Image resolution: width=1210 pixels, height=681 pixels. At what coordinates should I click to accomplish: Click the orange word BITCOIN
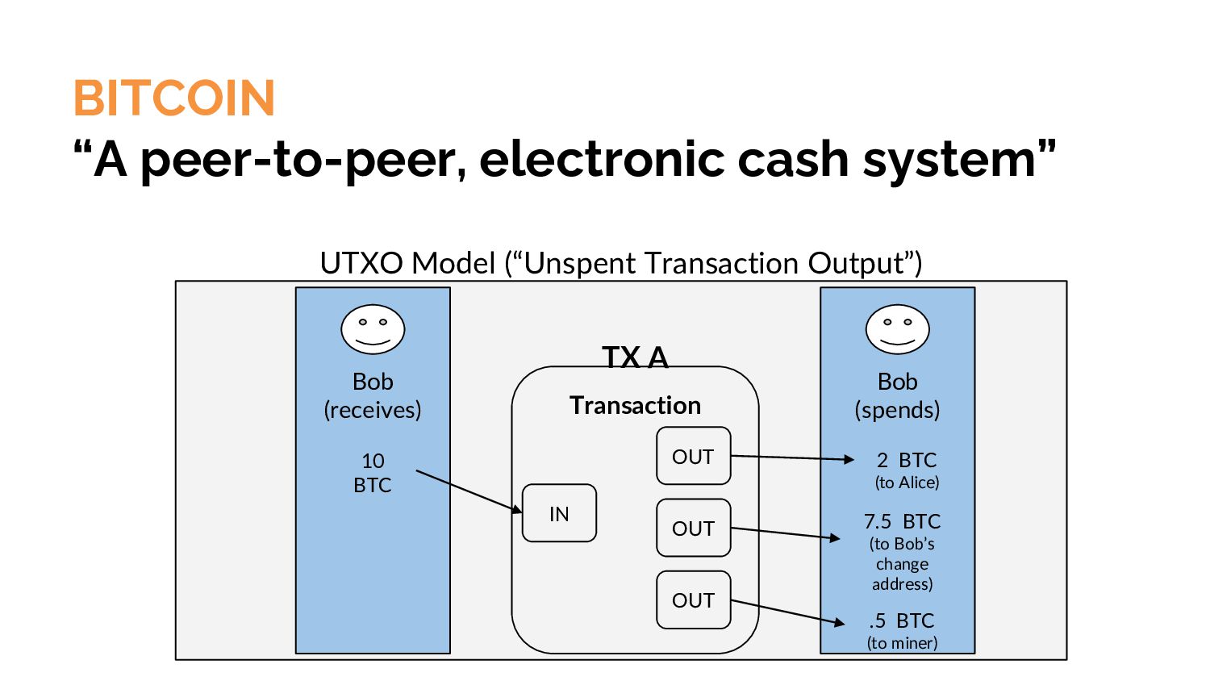click(x=174, y=98)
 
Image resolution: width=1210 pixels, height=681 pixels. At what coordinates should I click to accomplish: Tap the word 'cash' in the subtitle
click(x=793, y=159)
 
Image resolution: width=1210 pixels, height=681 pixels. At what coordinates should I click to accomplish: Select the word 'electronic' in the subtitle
click(x=602, y=159)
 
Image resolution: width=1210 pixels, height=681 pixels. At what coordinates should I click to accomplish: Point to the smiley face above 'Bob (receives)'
click(x=373, y=329)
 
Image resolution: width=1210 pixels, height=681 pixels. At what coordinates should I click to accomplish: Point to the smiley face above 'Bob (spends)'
click(x=897, y=329)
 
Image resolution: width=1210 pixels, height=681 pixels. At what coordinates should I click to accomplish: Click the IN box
click(x=559, y=513)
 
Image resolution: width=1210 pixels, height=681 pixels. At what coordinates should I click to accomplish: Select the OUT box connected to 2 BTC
click(x=694, y=456)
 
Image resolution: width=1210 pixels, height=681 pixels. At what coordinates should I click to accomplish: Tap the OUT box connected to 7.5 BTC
click(x=694, y=528)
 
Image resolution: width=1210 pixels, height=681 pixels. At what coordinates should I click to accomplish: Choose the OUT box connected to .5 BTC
click(x=694, y=600)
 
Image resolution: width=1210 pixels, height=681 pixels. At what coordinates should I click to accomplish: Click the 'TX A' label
click(x=636, y=357)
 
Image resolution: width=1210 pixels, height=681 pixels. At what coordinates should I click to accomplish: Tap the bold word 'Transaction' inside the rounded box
click(x=636, y=405)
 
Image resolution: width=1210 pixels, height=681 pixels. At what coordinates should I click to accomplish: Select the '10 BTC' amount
click(x=373, y=473)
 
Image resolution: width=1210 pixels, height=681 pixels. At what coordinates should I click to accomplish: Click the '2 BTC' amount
click(x=907, y=460)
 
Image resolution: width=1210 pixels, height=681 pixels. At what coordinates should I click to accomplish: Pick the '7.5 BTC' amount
click(x=902, y=521)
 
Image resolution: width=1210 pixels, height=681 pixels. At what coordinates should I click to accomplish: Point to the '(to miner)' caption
click(x=902, y=642)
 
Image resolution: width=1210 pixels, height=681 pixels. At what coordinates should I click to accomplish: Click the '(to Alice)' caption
click(x=907, y=482)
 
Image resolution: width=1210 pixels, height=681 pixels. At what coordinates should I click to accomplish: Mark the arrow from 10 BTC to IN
click(x=469, y=491)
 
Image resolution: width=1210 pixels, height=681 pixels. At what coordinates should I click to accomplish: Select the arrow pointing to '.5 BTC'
click(x=787, y=612)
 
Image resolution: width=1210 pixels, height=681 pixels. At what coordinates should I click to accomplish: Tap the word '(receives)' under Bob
click(x=373, y=410)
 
